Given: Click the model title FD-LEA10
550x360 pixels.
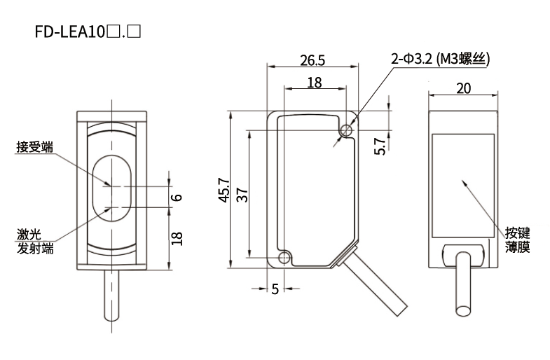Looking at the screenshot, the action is pos(70,32).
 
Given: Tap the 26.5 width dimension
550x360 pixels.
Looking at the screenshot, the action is pos(312,60).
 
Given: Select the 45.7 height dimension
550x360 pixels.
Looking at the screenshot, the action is pos(224,190).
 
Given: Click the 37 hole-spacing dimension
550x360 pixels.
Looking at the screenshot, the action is pos(242,195).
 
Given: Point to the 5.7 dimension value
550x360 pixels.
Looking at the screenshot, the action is pos(380,146).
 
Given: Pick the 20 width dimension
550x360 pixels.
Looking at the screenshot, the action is pos(463,88).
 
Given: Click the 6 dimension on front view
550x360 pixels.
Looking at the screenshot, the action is pos(177,197).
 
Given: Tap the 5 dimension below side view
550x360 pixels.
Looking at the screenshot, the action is pos(275,289).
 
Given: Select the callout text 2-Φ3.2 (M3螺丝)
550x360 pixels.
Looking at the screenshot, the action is pos(440,59).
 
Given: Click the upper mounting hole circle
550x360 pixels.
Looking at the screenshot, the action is pos(346,130).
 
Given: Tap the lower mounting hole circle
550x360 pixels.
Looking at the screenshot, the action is pos(284,258).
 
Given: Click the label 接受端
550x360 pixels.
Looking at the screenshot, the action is pos(35,147).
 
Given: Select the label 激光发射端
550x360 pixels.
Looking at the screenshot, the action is pos(35,241).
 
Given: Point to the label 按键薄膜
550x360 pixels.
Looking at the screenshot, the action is pos(517,240).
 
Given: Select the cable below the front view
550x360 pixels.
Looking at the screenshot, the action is pos(111,296).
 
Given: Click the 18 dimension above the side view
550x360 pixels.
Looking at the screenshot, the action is pos(315,83).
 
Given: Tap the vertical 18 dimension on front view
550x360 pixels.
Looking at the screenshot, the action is pos(177,238).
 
